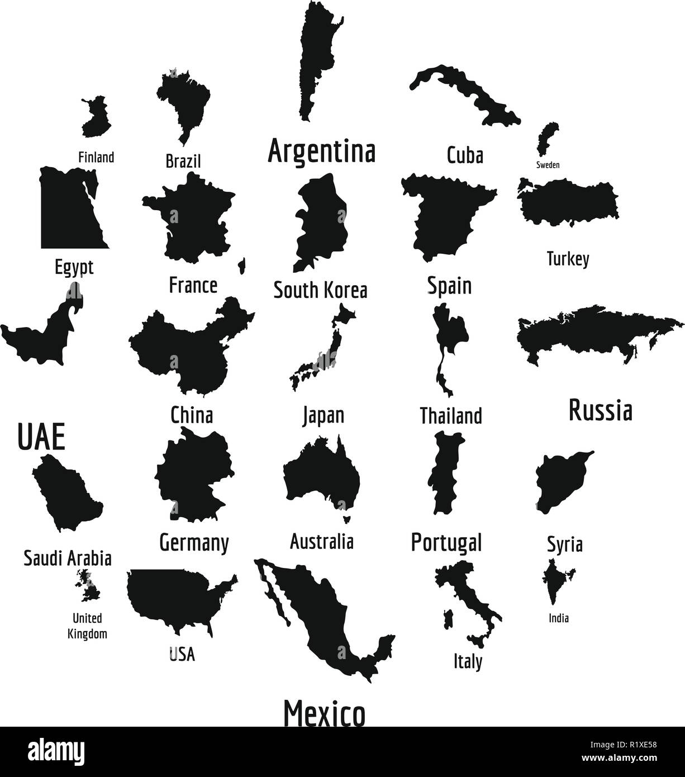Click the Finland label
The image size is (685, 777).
96,157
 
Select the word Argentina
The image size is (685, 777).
321,151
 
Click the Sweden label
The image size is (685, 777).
548,165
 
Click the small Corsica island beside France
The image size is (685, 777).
242,266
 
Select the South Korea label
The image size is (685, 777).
320,291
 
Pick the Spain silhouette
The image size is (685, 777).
444,215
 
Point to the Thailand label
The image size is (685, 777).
450,416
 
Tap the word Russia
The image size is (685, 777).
600,411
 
